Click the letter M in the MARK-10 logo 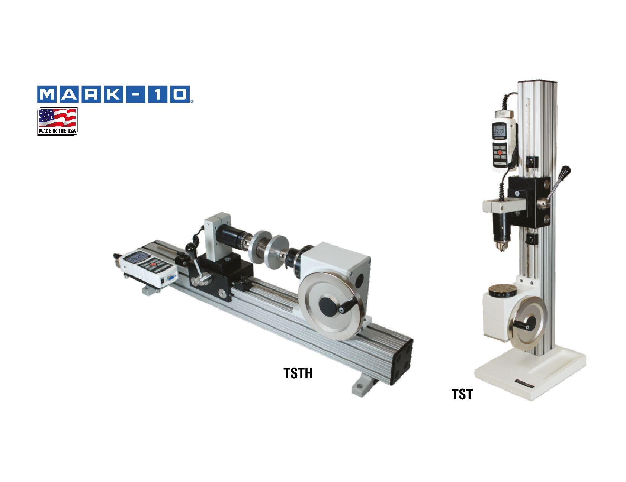point(47,94)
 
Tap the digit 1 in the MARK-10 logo point(158,94)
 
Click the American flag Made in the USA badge point(57,122)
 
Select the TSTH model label point(298,373)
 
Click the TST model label point(462,394)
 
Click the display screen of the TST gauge point(499,131)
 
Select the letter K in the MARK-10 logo point(113,94)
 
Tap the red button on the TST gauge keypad point(500,152)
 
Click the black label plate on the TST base point(524,384)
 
